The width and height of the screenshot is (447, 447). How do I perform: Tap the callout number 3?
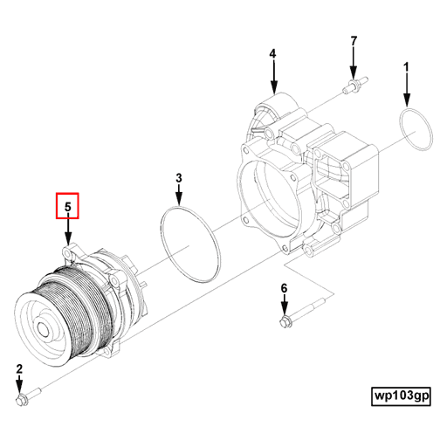[179, 179]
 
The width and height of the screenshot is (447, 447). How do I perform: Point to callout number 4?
[272, 54]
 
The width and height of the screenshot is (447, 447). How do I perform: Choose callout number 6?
[284, 288]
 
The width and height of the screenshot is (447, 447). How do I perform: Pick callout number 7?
[354, 41]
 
